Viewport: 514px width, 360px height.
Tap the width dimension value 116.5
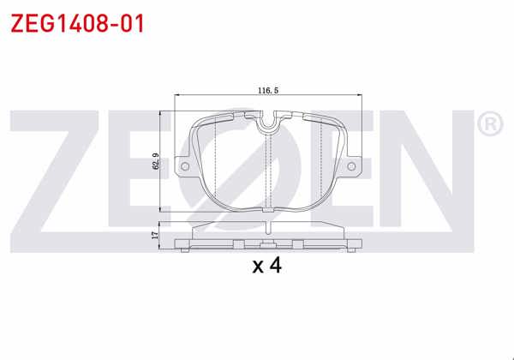269,89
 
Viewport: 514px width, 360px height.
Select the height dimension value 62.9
155,159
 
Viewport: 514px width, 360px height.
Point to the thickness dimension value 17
155,232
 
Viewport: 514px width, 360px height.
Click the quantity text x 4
267,265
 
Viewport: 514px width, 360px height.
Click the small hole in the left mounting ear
182,167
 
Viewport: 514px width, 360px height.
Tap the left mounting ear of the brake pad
182,165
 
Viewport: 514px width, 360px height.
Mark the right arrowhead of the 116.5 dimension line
362,96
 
